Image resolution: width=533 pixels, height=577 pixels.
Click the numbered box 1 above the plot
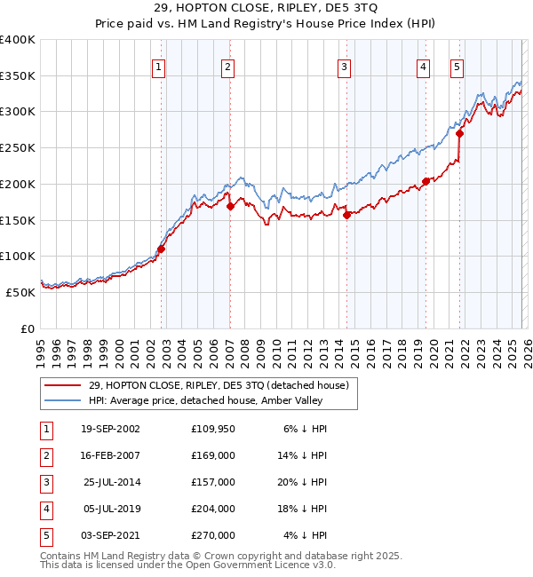click(x=158, y=66)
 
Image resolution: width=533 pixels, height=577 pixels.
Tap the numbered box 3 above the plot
click(x=344, y=66)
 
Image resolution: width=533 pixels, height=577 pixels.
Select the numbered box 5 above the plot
click(x=457, y=66)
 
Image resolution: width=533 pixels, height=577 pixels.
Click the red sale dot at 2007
click(x=230, y=207)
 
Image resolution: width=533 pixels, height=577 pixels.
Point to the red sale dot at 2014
click(x=346, y=214)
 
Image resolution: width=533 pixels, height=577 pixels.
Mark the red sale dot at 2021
click(x=459, y=134)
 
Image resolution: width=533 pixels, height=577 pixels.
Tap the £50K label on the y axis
click(x=20, y=292)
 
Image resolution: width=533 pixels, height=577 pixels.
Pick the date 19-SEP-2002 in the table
click(x=110, y=429)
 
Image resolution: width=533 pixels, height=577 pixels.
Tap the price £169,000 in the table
click(x=213, y=455)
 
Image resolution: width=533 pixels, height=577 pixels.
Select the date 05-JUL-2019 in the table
click(x=110, y=509)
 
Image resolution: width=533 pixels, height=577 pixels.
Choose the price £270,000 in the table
click(x=213, y=535)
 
